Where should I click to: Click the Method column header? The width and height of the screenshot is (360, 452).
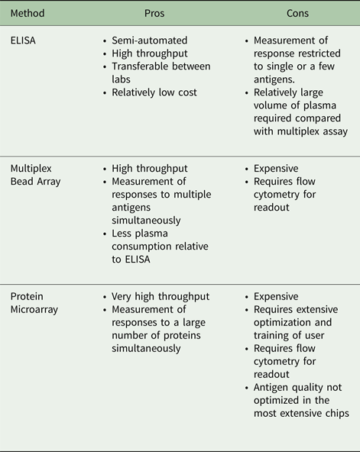[x=28, y=13]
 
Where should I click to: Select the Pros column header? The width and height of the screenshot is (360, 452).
[x=154, y=13]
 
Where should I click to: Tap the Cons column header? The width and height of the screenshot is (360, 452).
[x=297, y=13]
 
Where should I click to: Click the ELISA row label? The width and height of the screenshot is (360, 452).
[x=23, y=40]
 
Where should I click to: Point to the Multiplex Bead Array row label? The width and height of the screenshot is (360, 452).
[x=35, y=175]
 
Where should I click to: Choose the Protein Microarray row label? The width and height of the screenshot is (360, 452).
[x=34, y=303]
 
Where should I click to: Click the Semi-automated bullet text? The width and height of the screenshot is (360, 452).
[x=149, y=40]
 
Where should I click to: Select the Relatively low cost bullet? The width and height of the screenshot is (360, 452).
[x=154, y=92]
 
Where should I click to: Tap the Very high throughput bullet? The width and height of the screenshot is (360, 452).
[x=161, y=296]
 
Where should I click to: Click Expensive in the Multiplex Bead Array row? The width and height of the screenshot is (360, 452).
[x=276, y=169]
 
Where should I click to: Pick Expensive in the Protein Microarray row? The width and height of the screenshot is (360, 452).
[x=276, y=296]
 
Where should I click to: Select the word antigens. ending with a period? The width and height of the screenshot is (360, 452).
[x=274, y=79]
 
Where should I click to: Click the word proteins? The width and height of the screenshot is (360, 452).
[x=182, y=335]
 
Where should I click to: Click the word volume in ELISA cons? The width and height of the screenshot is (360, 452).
[x=271, y=105]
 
